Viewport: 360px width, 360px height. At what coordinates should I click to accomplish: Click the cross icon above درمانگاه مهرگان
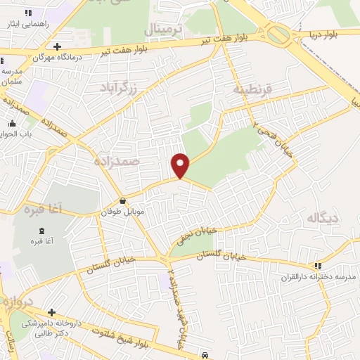(x=57, y=46)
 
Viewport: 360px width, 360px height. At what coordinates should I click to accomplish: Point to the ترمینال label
(x=163, y=29)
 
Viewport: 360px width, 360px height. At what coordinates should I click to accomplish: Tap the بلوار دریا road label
(x=329, y=32)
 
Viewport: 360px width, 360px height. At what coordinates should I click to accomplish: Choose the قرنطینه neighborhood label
(x=252, y=90)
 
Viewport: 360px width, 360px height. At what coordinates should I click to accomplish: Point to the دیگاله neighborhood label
(x=322, y=219)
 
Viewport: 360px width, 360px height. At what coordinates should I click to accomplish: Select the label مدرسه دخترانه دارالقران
(x=318, y=276)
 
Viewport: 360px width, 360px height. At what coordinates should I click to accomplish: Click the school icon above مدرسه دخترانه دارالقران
(x=318, y=266)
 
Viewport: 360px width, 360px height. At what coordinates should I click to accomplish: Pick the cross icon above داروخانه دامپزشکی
(x=51, y=312)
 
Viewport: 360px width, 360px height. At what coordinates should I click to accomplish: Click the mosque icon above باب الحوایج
(x=12, y=124)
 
